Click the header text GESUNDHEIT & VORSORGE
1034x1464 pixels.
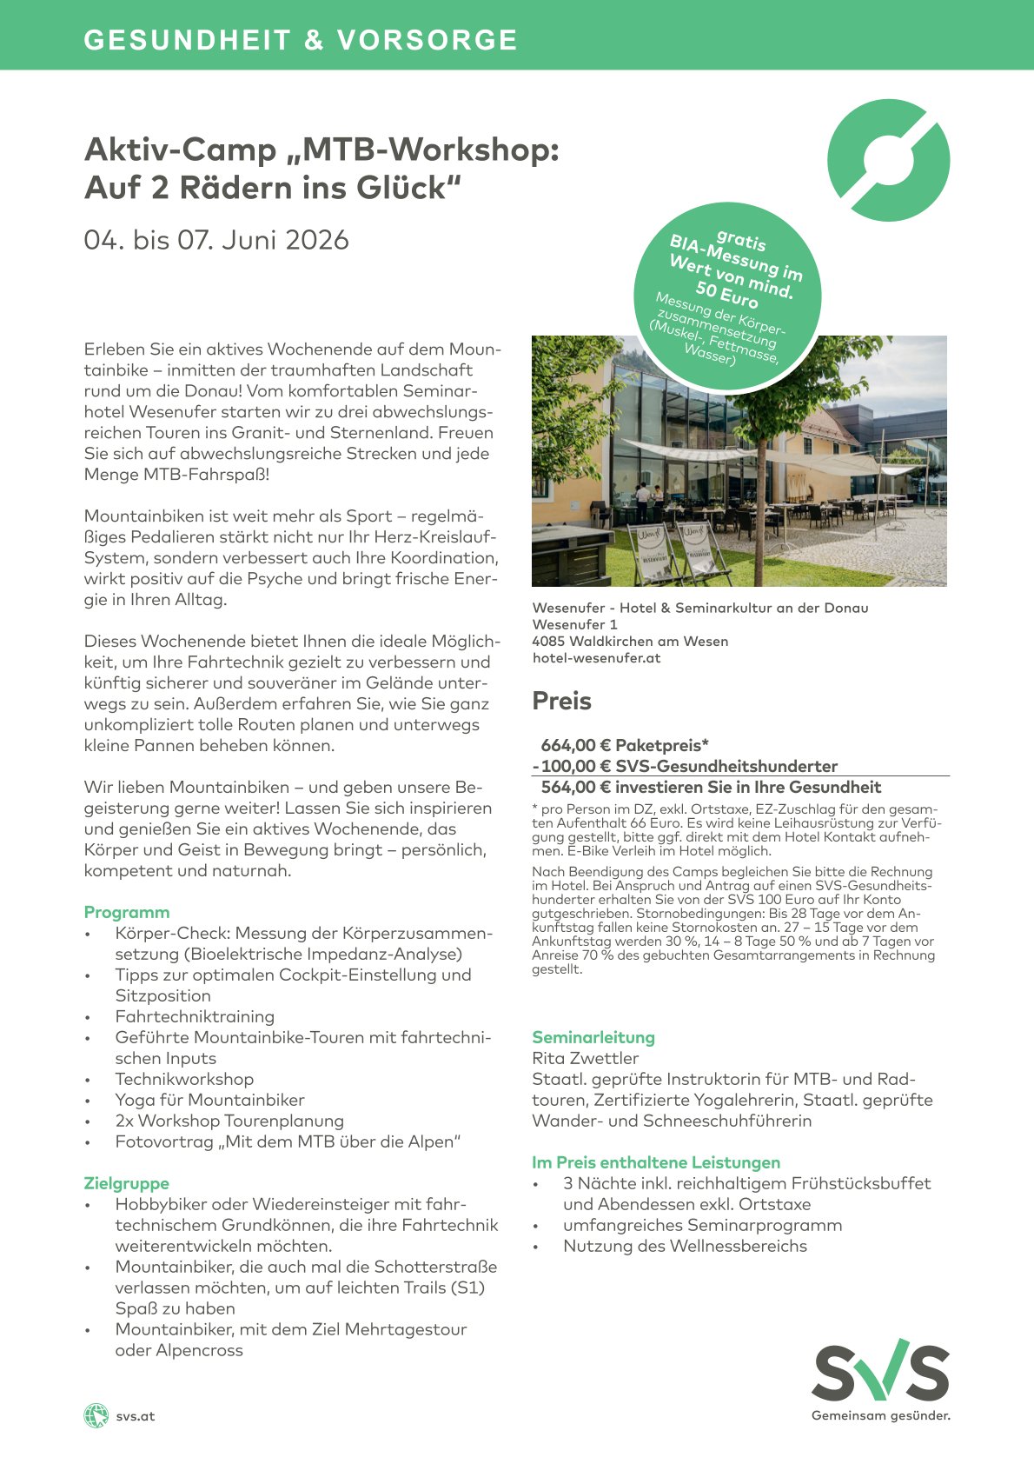tap(301, 40)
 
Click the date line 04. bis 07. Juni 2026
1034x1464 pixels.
tap(216, 240)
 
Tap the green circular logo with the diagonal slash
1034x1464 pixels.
tap(888, 160)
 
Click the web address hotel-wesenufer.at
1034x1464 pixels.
tap(596, 658)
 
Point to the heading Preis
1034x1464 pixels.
tap(561, 702)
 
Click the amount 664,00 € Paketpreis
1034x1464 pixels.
tap(625, 745)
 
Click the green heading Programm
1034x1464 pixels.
tap(127, 912)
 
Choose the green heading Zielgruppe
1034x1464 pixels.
tap(127, 1183)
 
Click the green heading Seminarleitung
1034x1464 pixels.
tap(593, 1037)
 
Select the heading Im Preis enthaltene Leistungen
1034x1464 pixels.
tap(656, 1162)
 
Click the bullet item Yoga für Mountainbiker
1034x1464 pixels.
tap(209, 1100)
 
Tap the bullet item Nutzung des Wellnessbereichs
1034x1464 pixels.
tap(685, 1246)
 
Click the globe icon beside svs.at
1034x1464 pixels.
tap(96, 1415)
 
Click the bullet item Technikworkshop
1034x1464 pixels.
tap(184, 1079)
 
